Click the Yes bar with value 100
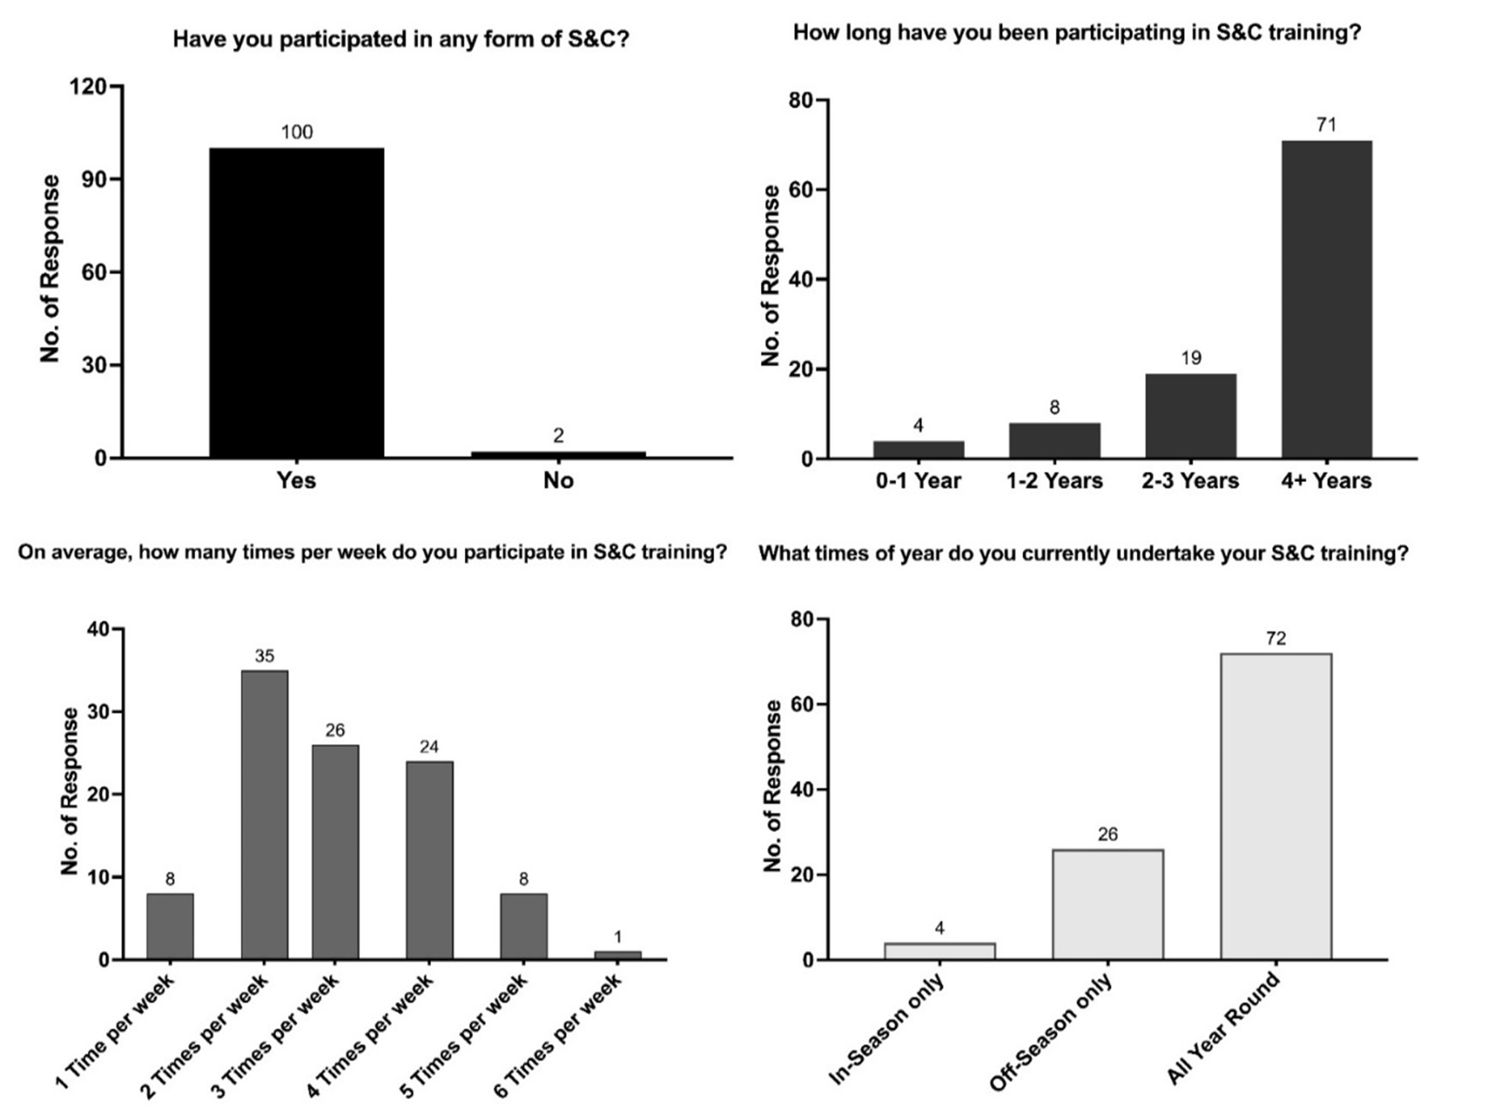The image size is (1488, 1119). coord(296,303)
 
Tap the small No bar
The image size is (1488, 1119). coord(558,454)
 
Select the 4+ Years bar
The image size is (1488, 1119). coord(1326,299)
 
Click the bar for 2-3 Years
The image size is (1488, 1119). coord(1190,416)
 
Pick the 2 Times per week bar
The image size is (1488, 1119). coord(264,815)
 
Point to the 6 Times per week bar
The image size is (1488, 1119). coord(618,955)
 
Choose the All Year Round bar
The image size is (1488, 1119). coord(1276,807)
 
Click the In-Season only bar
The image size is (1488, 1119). coord(940,952)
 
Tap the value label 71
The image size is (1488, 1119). coord(1326,125)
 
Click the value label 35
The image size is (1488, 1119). coord(264,656)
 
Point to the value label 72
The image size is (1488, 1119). coord(1276,638)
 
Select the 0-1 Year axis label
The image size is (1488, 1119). coord(918,481)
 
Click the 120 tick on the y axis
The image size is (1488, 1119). coord(88,87)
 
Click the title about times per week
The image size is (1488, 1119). coord(372,552)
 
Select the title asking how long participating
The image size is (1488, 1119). coord(1077,33)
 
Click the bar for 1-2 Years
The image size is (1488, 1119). coord(1054,440)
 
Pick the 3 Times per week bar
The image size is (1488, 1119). coord(335,852)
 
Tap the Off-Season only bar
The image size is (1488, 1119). coord(1108,905)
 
